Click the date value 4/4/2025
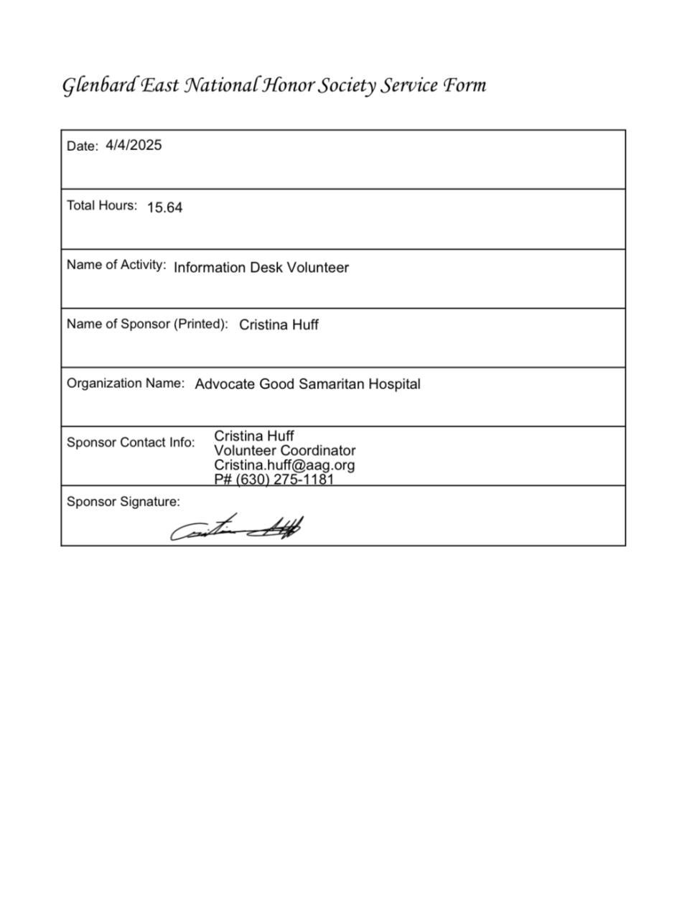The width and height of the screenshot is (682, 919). (134, 145)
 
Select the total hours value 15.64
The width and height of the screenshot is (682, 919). (164, 207)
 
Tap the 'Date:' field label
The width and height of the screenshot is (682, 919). (82, 146)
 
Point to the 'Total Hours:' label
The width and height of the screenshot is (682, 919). (102, 205)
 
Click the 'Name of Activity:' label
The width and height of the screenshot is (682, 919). (116, 265)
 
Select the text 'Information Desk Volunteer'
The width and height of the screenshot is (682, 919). (261, 268)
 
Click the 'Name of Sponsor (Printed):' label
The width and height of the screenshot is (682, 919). (147, 324)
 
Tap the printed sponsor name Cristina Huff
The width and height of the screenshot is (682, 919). (279, 325)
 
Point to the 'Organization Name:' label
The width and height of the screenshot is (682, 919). (126, 383)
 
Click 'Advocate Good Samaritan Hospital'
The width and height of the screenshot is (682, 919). (307, 384)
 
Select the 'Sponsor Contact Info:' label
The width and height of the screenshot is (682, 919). (131, 442)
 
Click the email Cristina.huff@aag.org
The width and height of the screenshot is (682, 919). (284, 465)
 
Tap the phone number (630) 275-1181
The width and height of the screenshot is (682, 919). (285, 479)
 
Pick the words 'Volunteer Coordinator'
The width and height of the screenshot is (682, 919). (284, 451)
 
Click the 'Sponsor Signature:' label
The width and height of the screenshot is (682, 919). (123, 502)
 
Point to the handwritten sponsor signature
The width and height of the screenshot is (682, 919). (236, 530)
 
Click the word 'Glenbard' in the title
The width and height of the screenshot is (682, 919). (98, 85)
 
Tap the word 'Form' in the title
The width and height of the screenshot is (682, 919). (464, 85)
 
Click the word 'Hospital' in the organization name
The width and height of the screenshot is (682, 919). (394, 384)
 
